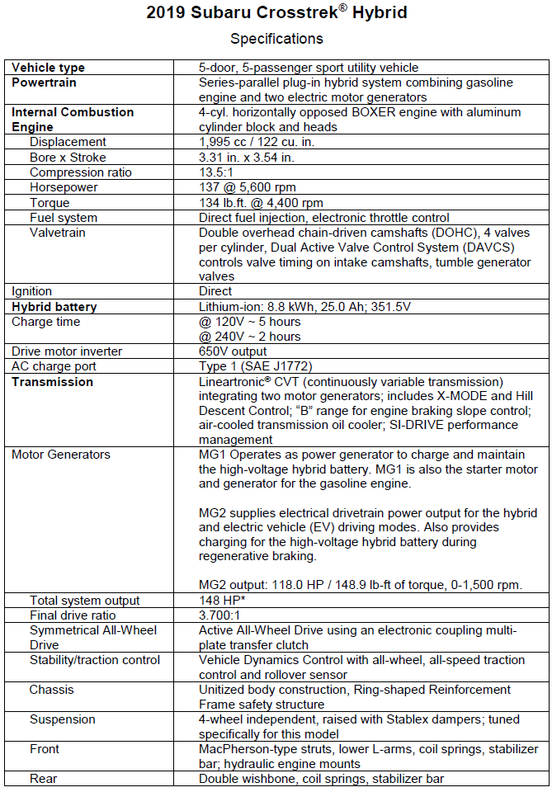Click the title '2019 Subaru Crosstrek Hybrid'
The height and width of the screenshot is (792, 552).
point(276,13)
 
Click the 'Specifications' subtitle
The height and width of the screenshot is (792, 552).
point(276,39)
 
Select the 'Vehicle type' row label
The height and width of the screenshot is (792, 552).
point(48,68)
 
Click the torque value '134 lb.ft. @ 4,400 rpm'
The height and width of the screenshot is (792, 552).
point(261,203)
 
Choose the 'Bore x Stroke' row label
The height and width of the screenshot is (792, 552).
point(70,158)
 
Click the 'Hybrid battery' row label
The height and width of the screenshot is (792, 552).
point(54,307)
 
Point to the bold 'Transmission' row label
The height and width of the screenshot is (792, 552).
point(52,382)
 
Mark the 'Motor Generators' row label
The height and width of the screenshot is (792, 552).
point(60,455)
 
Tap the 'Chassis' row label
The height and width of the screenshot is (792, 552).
point(51,690)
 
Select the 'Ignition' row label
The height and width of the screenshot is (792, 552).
point(31,291)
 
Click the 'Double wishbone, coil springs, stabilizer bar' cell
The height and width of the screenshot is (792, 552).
point(321,779)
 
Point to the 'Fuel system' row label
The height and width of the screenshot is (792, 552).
point(64,218)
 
